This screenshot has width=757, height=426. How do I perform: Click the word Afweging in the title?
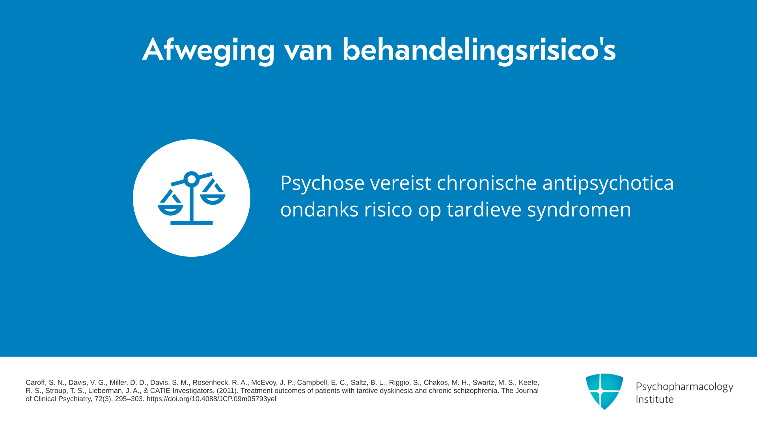209,50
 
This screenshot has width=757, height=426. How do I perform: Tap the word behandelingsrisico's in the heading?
479,50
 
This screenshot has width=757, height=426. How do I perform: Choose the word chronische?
487,183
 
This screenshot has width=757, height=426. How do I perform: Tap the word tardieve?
484,209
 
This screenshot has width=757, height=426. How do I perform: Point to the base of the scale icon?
192,223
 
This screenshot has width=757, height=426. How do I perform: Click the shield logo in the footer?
604,391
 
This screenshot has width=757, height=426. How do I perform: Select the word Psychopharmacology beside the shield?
684,387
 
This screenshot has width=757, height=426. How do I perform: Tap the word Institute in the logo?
655,399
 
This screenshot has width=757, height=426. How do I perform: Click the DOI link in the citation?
211,399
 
